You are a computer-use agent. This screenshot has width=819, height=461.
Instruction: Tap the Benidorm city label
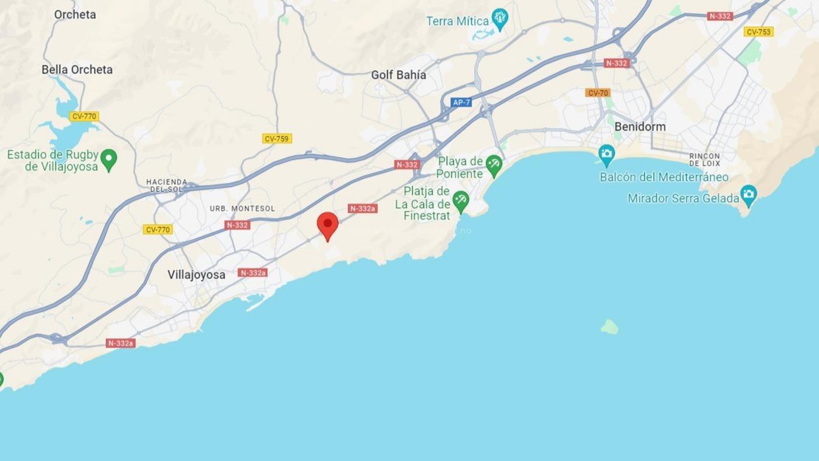click(640, 127)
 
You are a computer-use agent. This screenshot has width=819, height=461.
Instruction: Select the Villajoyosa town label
click(196, 274)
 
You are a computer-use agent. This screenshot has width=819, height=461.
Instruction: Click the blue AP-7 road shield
click(461, 102)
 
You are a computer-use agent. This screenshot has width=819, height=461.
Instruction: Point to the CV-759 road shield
click(276, 139)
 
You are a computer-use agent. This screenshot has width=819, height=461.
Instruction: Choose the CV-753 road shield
click(758, 32)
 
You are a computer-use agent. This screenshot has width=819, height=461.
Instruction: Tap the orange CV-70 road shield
click(598, 93)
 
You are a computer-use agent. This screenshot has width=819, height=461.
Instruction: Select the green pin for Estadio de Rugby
click(109, 159)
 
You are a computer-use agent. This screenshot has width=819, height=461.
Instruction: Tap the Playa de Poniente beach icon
click(494, 165)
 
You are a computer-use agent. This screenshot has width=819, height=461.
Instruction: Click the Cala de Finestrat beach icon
click(461, 201)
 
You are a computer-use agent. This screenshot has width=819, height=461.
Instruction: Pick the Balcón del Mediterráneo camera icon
click(606, 154)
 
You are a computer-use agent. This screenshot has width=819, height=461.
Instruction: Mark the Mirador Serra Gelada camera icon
click(749, 195)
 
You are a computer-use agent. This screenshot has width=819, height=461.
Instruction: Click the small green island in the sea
click(609, 327)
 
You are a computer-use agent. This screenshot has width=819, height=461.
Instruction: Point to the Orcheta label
click(75, 15)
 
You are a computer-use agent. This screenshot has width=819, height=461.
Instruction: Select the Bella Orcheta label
click(77, 70)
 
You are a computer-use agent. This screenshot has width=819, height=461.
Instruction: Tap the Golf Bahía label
click(398, 75)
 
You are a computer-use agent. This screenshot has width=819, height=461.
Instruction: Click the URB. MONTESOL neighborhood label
click(242, 209)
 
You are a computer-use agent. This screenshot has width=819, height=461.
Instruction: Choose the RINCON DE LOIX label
click(704, 160)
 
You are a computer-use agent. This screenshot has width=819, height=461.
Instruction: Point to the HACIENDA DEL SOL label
click(166, 185)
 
